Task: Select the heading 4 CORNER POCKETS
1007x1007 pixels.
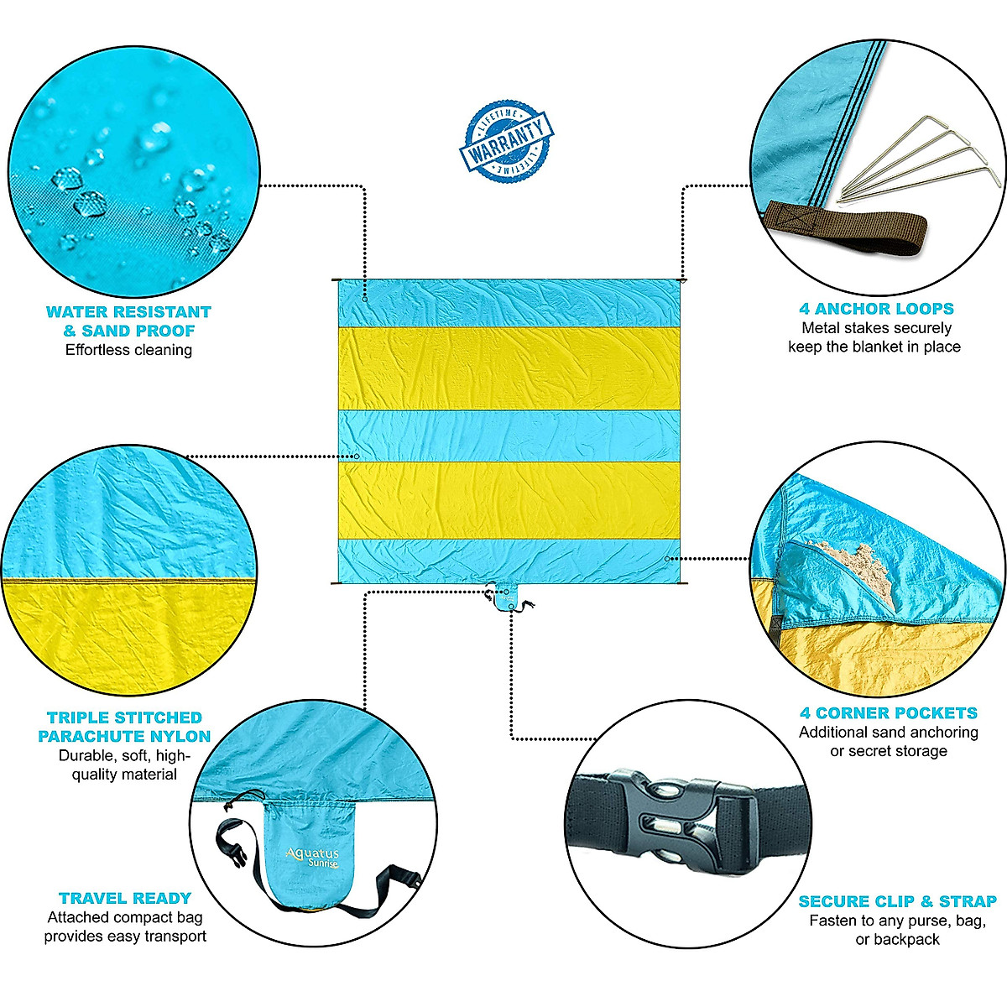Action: pos(888,713)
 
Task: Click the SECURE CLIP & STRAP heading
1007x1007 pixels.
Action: pos(897,901)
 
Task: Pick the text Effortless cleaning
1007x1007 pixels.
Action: pos(128,350)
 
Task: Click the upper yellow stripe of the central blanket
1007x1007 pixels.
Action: pos(508,368)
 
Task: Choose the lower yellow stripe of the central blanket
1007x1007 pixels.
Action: pos(508,499)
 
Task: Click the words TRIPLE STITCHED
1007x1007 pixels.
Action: pos(125,717)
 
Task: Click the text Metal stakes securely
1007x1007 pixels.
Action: pos(876,328)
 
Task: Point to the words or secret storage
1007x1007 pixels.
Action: pos(888,751)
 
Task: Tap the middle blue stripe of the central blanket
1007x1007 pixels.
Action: pos(508,435)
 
